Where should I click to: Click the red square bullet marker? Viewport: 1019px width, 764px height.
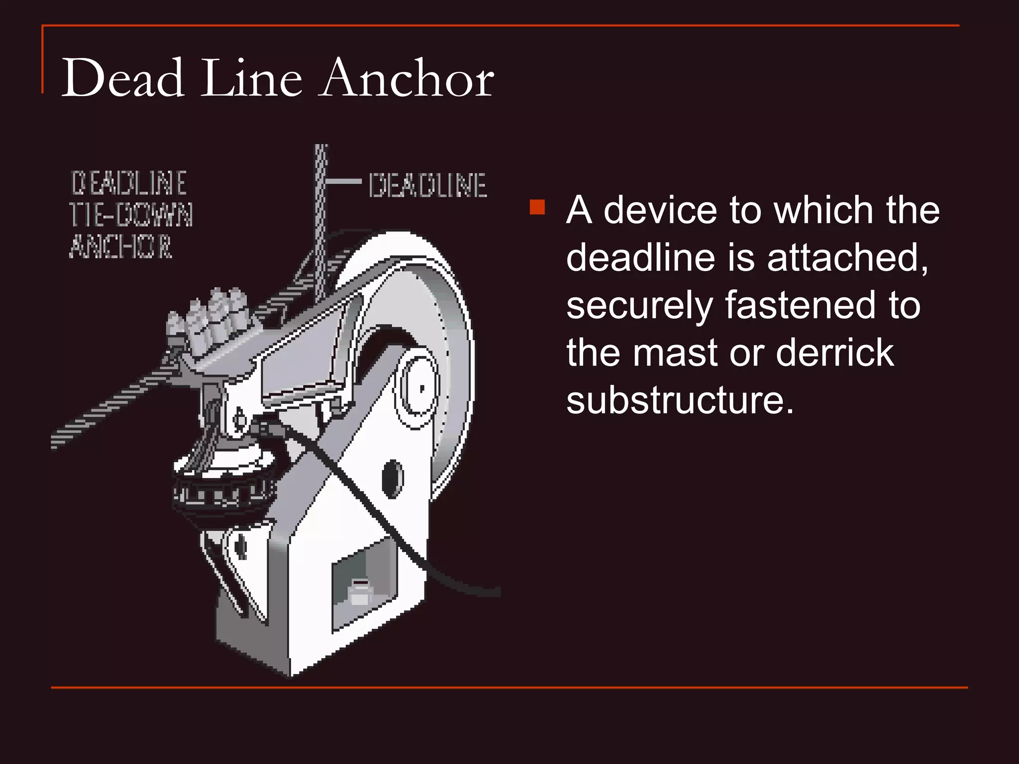pos(537,207)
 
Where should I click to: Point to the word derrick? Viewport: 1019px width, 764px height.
pos(834,353)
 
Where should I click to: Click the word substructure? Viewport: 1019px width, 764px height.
pos(680,400)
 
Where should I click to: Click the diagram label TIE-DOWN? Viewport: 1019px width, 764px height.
pos(131,215)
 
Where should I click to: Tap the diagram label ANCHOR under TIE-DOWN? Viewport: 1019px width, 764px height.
pos(121,247)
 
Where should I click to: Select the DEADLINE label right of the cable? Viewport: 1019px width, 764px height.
pos(427,186)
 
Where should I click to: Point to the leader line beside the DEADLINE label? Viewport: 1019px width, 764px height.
pos(344,182)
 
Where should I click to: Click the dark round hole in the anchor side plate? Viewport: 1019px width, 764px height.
pos(393,478)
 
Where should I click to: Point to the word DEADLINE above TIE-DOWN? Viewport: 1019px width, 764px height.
pos(129,183)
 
